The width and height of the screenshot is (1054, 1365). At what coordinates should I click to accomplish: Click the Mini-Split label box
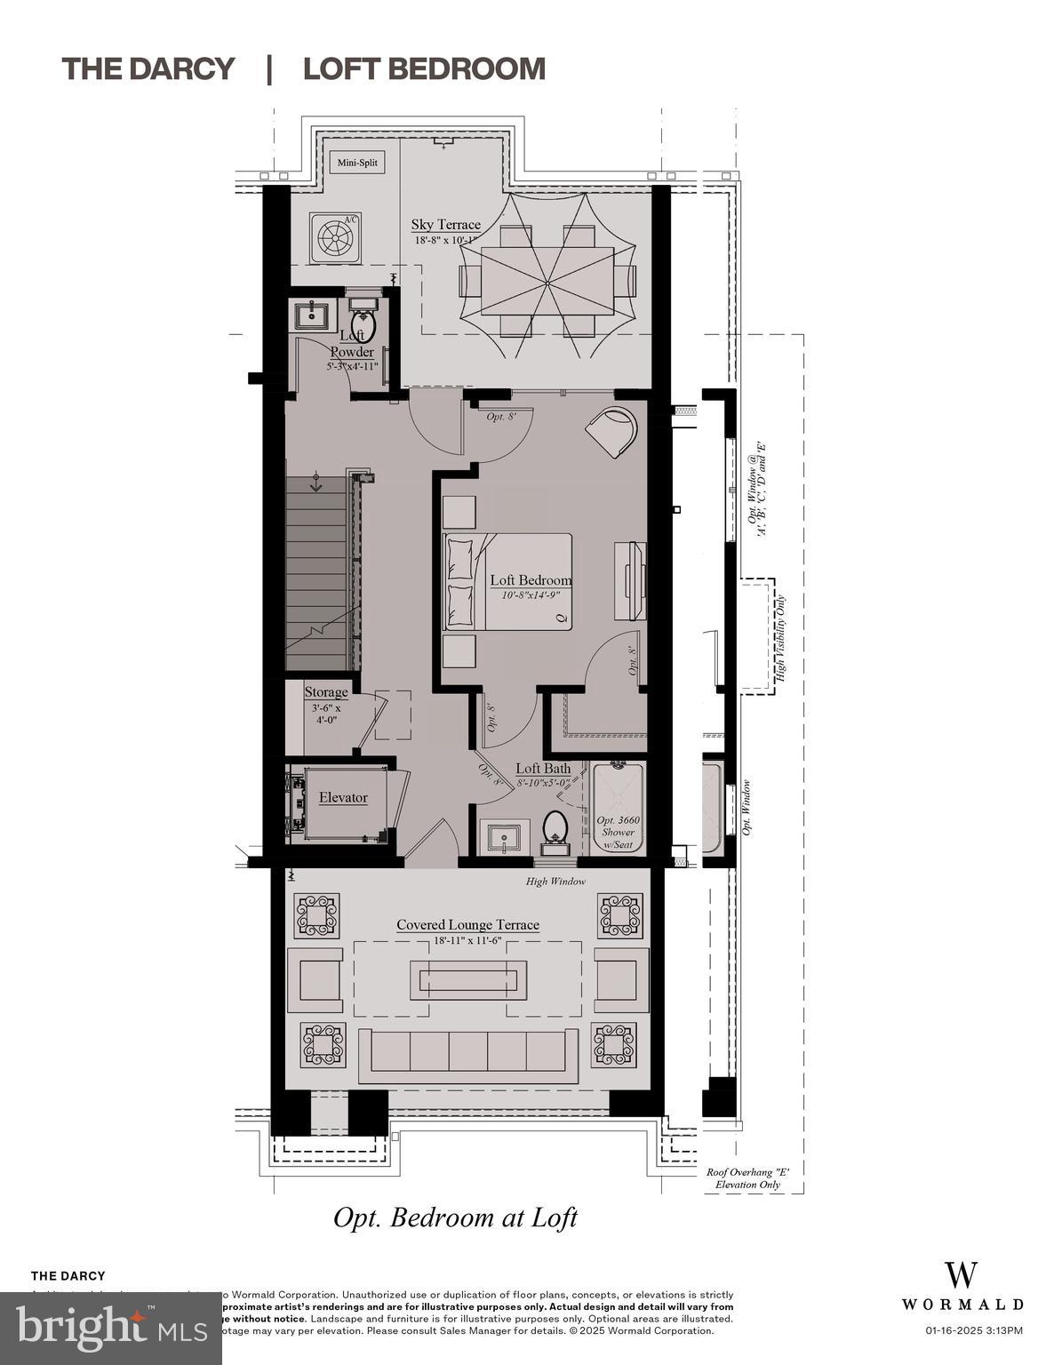coord(359,163)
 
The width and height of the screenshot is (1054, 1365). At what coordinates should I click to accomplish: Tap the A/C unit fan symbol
coord(335,237)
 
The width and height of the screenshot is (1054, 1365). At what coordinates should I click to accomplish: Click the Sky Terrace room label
coord(445,225)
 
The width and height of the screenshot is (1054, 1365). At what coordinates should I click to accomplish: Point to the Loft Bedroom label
coord(531,580)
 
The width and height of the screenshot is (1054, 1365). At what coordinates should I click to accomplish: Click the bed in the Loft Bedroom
coord(507,582)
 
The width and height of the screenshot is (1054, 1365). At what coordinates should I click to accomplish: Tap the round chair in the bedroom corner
coord(611,429)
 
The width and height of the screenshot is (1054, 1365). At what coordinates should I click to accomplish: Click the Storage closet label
coord(326,692)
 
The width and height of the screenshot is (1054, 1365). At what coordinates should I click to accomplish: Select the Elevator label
coord(343,797)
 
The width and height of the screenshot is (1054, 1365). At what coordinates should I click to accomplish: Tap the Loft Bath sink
coord(504,836)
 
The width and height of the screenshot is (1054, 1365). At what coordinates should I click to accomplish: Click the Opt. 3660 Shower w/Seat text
coord(618,832)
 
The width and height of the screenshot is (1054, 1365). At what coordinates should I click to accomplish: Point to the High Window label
coord(555,881)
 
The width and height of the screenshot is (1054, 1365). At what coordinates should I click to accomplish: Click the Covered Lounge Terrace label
coord(467,925)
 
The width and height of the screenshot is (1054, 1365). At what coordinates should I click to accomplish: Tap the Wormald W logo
coord(962,1274)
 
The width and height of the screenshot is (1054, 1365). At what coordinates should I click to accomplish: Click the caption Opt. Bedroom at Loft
coord(455,1217)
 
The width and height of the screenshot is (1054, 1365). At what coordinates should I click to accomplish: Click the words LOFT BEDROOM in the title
coord(424,68)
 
